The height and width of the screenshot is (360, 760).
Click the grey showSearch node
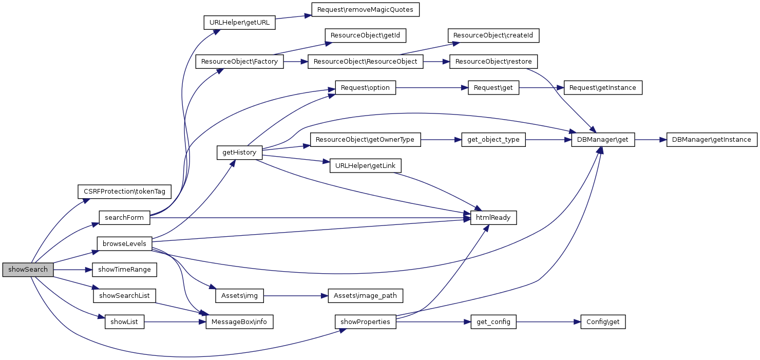pyautogui.click(x=28, y=270)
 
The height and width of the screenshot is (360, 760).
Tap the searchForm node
pyautogui.click(x=124, y=218)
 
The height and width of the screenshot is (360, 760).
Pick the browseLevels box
pyautogui.click(x=124, y=243)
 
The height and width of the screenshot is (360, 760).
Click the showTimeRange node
pyautogui.click(x=124, y=270)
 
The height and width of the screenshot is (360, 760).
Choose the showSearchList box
pyautogui.click(x=124, y=296)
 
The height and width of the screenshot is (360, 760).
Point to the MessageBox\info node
pyautogui.click(x=239, y=323)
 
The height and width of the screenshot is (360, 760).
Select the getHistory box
pyautogui.click(x=239, y=153)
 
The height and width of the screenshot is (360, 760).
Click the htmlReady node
pyautogui.click(x=493, y=218)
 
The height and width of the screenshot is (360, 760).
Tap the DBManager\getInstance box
pyautogui.click(x=712, y=140)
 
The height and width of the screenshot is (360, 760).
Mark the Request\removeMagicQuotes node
pyautogui.click(x=365, y=10)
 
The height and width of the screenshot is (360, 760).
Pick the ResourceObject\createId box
pyautogui.click(x=493, y=35)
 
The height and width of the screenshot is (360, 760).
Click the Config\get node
pyautogui.click(x=603, y=323)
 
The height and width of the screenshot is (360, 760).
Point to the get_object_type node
pyautogui.click(x=493, y=140)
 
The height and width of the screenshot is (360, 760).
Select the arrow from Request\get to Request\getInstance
pyautogui.click(x=541, y=88)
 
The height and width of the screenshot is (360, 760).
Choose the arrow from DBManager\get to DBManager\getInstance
pyautogui.click(x=651, y=140)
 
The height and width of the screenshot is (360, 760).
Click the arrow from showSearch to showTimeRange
pyautogui.click(x=72, y=270)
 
